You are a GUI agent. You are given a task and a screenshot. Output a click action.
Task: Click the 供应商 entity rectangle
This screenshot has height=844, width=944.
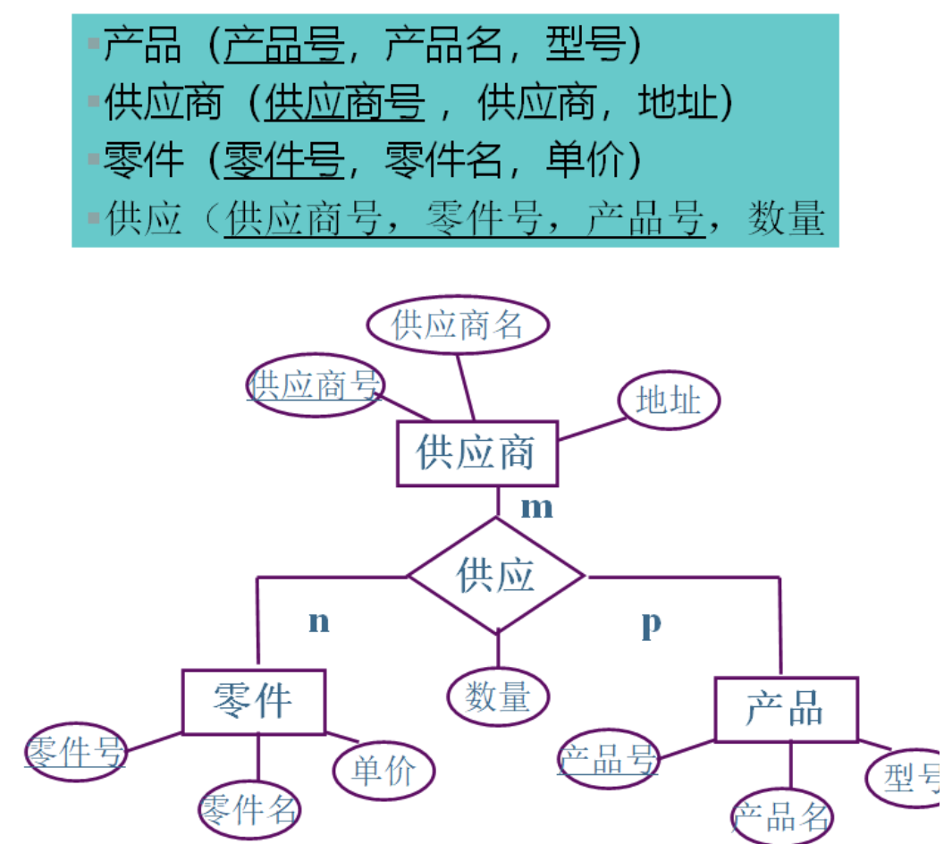click(x=476, y=453)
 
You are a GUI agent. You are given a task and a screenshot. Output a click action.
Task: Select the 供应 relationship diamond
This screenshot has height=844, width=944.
click(x=496, y=575)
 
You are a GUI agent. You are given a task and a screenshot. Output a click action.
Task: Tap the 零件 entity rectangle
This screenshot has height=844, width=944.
click(x=254, y=701)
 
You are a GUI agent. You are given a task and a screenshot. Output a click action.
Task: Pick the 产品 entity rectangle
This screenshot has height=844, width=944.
click(x=786, y=709)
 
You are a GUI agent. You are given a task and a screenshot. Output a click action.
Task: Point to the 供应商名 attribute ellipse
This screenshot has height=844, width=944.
click(x=458, y=325)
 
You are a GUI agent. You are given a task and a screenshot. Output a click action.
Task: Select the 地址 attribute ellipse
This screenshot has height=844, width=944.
click(x=669, y=401)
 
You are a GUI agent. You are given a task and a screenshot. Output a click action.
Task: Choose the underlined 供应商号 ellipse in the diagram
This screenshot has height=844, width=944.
click(x=315, y=385)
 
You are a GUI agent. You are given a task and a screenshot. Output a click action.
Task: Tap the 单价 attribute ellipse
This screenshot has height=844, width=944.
click(x=383, y=771)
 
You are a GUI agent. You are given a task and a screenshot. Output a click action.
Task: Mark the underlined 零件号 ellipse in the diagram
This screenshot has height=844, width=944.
click(x=75, y=752)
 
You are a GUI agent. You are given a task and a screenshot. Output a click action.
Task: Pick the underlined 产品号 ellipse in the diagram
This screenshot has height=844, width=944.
click(x=608, y=760)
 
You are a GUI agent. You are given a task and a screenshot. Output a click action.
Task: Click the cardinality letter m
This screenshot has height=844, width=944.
click(x=537, y=507)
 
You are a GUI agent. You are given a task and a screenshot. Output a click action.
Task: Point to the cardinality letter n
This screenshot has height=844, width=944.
click(x=319, y=621)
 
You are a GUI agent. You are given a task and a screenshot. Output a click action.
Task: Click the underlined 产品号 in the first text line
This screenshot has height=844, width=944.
click(x=284, y=45)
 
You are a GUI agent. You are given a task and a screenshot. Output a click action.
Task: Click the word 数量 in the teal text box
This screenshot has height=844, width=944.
click(x=785, y=218)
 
